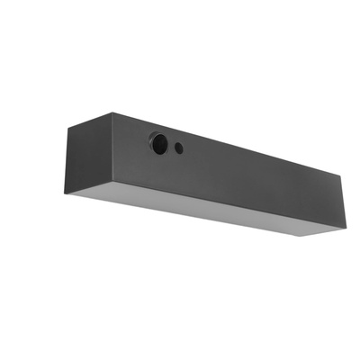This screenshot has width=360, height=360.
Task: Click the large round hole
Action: tap(159, 143)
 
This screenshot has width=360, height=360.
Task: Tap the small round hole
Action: tap(179, 148)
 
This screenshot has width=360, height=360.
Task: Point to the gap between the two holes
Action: tap(171, 146)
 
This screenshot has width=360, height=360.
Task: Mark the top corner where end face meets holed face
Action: tap(113, 113)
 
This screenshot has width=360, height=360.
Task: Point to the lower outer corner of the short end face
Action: tap(67, 193)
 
